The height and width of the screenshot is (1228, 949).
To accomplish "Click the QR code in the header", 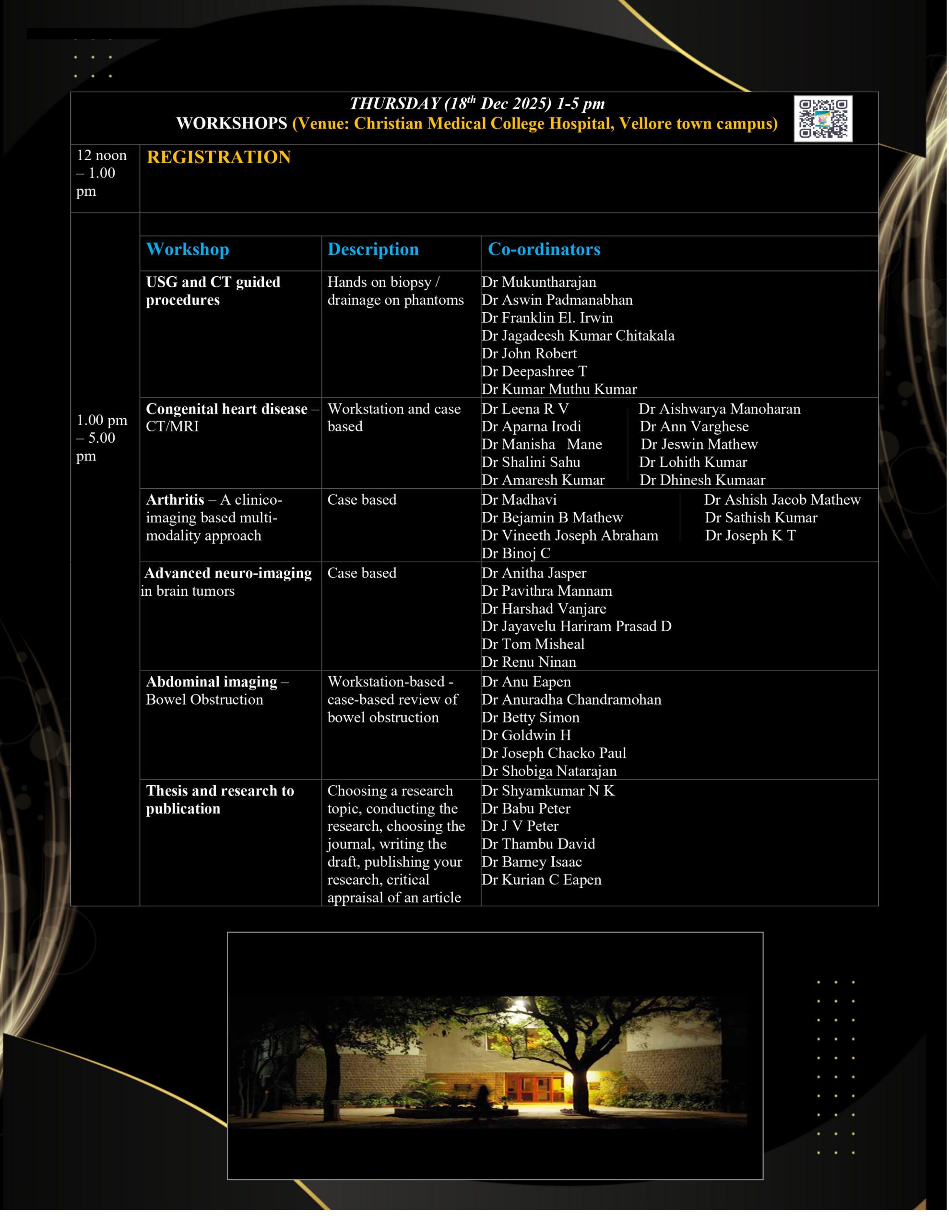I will point(822,118).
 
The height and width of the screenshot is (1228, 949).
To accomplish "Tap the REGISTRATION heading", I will point(218,157).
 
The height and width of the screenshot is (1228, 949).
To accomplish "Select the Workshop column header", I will point(187,249).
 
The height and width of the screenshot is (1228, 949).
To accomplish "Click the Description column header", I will point(373,249).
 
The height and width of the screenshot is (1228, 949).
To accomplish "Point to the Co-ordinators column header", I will point(544,249).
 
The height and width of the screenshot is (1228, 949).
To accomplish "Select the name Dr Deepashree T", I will point(534,371).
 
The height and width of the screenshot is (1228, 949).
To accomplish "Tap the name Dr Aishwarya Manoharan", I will point(719,409).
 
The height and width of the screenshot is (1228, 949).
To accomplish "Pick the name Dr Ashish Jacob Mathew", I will point(782,499).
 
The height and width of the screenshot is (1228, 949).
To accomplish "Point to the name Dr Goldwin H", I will point(525,735).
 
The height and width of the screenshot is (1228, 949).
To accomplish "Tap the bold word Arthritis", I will point(175,499).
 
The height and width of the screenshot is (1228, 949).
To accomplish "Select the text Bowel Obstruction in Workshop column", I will point(204,699).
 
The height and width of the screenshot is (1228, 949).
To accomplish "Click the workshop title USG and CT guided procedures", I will point(213,291).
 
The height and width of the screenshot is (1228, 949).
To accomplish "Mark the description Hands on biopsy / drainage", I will point(395,291).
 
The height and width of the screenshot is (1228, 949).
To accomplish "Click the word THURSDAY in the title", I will point(394,104).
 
